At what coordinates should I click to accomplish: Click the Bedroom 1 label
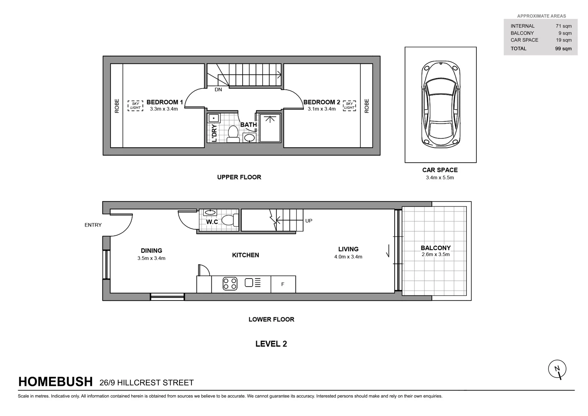point(164,102)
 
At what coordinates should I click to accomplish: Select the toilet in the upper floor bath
point(233,133)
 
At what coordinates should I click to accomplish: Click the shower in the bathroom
point(270,128)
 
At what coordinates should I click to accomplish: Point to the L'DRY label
point(214,133)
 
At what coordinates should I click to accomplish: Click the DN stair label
point(218,90)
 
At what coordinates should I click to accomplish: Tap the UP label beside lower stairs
point(308,221)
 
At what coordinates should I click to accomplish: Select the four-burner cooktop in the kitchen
point(230,284)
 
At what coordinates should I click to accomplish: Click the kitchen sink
point(249,283)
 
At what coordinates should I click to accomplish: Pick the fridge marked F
point(283,284)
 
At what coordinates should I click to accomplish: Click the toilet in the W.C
point(229,220)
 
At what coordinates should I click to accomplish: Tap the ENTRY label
point(93,225)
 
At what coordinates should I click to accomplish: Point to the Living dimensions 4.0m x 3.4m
point(348,257)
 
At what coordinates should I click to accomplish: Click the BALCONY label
point(436,248)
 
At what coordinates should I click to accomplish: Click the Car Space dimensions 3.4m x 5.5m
point(440,178)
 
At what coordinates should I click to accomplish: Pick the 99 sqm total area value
point(563,49)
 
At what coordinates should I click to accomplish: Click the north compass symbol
point(557,369)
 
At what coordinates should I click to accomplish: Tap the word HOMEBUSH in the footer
point(55,382)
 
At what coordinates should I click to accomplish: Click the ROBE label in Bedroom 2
point(367,106)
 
